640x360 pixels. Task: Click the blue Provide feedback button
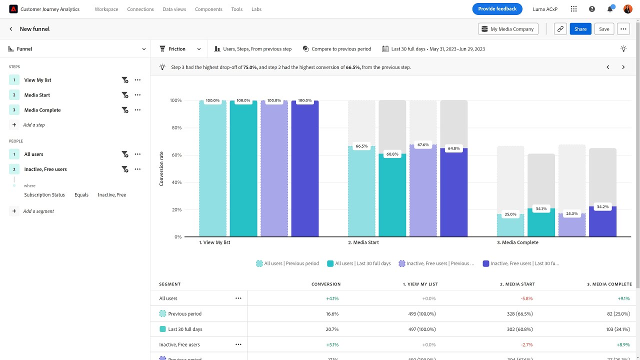[x=497, y=9]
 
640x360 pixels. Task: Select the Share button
[x=580, y=29]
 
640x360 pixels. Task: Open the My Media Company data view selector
[x=508, y=29]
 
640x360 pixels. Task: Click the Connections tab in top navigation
[x=140, y=9]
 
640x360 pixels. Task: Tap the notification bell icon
[x=610, y=9]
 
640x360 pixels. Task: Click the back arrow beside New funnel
[x=11, y=29]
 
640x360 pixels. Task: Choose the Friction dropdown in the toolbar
[x=180, y=49]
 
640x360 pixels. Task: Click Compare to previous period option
[x=337, y=49]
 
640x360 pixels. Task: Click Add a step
[x=33, y=125]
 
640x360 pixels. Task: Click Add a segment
[x=38, y=211]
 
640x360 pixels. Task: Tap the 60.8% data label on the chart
[x=392, y=154]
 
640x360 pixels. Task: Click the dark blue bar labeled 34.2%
[x=602, y=222]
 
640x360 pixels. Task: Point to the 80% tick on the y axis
[x=175, y=128]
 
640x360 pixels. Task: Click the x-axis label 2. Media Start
[x=363, y=242]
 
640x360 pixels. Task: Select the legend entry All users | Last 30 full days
[x=359, y=263]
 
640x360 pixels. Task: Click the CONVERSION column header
[x=326, y=284]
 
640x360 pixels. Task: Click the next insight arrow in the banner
[x=623, y=67]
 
